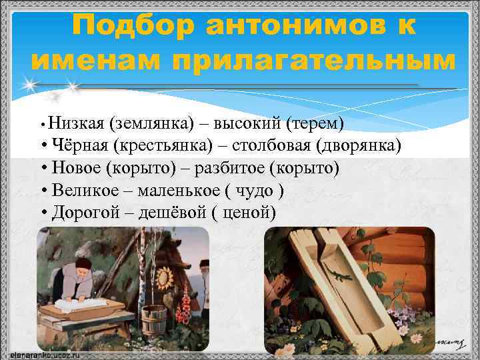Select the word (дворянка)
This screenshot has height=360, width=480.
tap(359, 146)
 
